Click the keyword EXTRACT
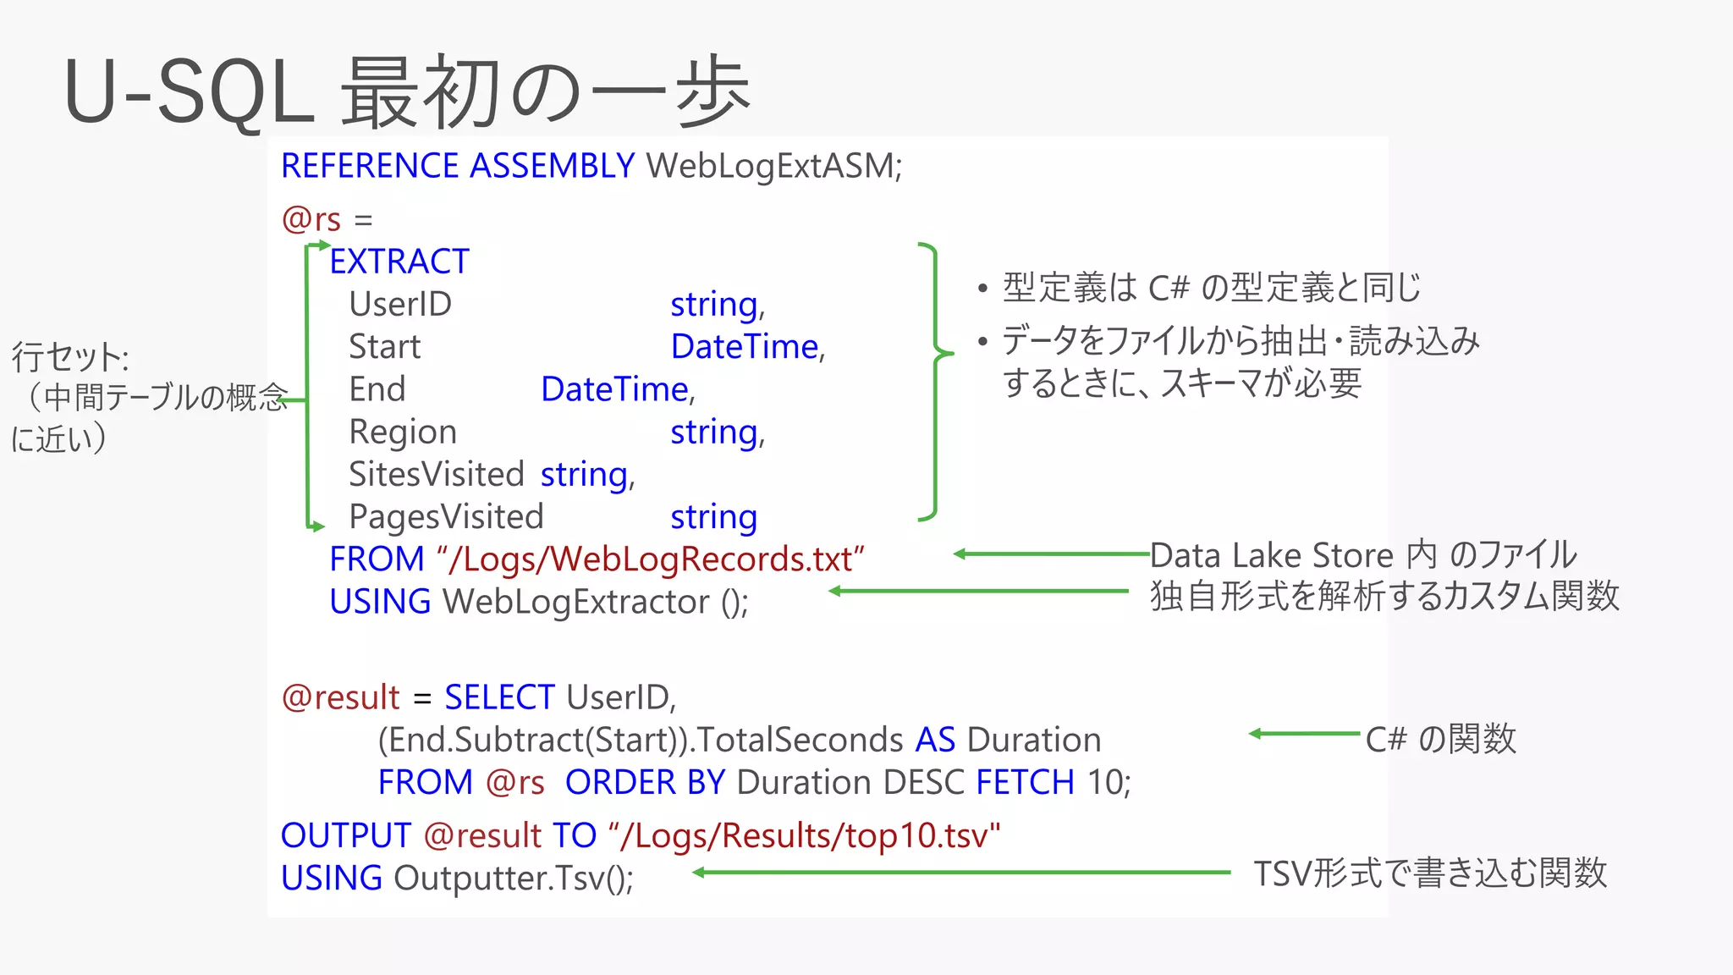[x=399, y=262]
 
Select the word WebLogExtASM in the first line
[x=773, y=166]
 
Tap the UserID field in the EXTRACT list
[x=400, y=304]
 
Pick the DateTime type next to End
[x=616, y=389]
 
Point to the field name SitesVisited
[x=437, y=474]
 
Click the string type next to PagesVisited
[x=713, y=517]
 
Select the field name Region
[x=403, y=432]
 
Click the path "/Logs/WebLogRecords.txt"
[x=651, y=559]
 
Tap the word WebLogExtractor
[x=576, y=602]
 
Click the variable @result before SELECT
[x=340, y=697]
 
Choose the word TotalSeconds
[x=800, y=740]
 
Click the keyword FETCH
[x=1025, y=782]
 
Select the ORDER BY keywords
[x=645, y=782]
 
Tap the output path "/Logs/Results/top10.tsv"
[x=804, y=835]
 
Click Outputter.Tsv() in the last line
[x=513, y=878]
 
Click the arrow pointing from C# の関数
[x=1303, y=734]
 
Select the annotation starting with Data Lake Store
[x=1362, y=555]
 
